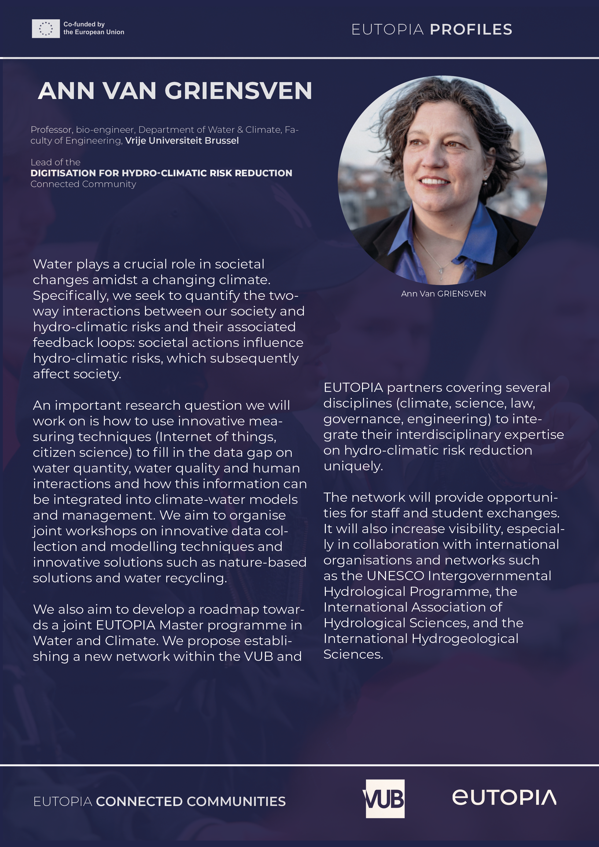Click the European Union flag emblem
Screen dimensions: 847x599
[x=45, y=28]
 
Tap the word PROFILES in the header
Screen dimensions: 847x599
[x=471, y=29]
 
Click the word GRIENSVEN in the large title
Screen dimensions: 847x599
[x=238, y=91]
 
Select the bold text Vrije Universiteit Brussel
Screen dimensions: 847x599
[x=182, y=141]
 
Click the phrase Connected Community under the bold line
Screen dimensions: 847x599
[x=83, y=184]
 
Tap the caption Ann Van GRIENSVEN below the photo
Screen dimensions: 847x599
[x=443, y=294]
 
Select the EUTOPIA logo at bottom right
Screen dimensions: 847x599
[x=504, y=797]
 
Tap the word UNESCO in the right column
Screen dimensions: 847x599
[x=395, y=576]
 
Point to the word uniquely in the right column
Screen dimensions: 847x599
[x=353, y=466]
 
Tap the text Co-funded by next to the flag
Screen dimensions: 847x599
[x=84, y=24]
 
